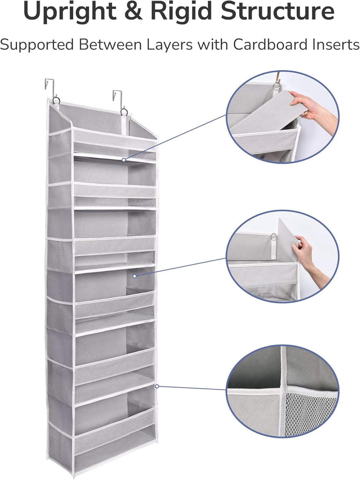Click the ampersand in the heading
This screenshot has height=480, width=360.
tap(134, 11)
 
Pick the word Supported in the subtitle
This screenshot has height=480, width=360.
tap(37, 45)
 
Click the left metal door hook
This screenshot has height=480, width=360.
tap(50, 88)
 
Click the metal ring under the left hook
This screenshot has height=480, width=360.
tap(56, 102)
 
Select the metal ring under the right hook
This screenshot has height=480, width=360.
tap(124, 112)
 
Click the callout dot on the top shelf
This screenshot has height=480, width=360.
tap(124, 160)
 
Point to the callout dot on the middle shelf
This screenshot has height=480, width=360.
tap(134, 276)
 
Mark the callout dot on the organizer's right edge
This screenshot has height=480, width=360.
tap(157, 386)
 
